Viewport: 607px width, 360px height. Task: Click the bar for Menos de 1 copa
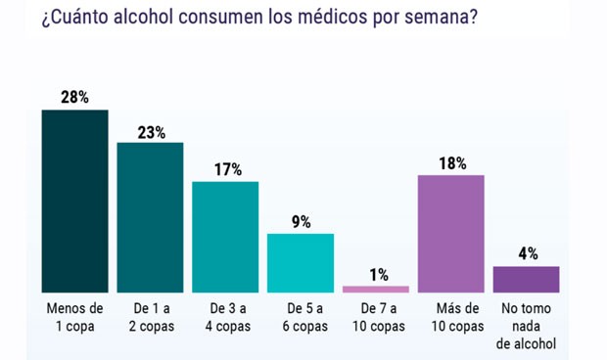click(74, 201)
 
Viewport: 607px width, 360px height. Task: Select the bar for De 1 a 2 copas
click(150, 217)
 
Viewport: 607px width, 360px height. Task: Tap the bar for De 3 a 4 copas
click(225, 237)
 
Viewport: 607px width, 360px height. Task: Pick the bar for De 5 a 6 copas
click(301, 262)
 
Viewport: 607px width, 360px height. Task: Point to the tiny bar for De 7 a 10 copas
click(376, 289)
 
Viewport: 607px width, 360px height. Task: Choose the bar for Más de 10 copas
click(451, 233)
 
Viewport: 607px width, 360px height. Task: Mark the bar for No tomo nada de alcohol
click(526, 279)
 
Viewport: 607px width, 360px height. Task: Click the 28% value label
click(74, 97)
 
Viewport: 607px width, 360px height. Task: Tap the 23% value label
click(150, 130)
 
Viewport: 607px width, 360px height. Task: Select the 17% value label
click(225, 168)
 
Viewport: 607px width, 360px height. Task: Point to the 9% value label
click(301, 221)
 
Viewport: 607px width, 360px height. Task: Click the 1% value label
click(376, 274)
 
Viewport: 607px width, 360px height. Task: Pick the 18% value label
click(451, 162)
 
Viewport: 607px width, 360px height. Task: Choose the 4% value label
click(527, 253)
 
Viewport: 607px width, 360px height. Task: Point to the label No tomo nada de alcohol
click(527, 326)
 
